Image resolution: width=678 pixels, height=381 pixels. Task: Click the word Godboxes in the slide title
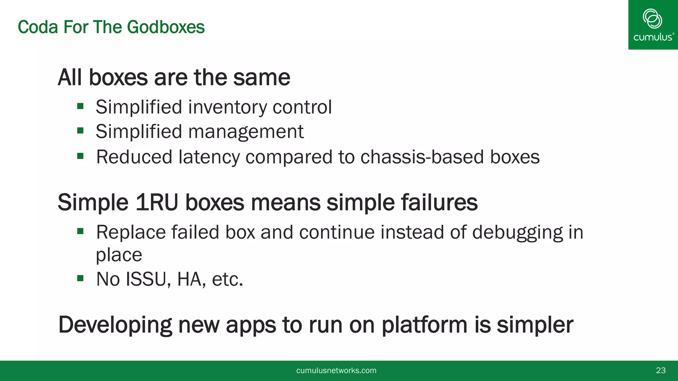point(166,27)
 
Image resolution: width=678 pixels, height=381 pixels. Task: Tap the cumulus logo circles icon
point(652,19)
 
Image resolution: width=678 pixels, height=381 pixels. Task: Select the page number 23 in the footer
point(660,370)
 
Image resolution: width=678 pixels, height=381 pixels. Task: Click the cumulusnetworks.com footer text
point(336,370)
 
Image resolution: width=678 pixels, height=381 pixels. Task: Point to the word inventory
point(227,107)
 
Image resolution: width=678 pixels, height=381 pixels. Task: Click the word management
point(246,132)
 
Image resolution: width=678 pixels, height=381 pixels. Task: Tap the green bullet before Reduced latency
point(80,156)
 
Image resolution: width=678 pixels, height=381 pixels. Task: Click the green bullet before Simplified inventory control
point(80,106)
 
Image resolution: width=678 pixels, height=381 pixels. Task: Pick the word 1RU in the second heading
point(157,202)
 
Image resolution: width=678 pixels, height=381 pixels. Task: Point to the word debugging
point(517,232)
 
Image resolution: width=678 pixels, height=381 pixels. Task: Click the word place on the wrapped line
point(119,255)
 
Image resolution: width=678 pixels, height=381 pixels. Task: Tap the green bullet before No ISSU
point(80,278)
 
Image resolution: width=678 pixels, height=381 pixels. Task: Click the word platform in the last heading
point(425,325)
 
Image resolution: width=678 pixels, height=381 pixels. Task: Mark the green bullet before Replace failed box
point(80,231)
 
